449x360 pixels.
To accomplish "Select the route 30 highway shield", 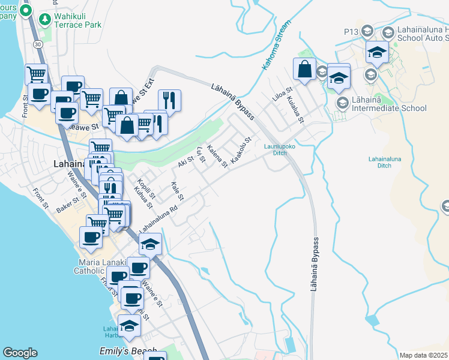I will pyautogui.click(x=38, y=44).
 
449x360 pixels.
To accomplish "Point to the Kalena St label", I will pyautogui.click(x=217, y=155).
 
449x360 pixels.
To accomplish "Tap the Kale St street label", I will pyautogui.click(x=177, y=190).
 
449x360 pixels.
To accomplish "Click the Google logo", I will pyautogui.click(x=20, y=353).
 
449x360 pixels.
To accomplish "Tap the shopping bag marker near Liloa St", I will pyautogui.click(x=305, y=68).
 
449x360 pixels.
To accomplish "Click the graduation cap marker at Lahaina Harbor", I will pyautogui.click(x=129, y=325).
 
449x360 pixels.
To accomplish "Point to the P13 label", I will pyautogui.click(x=352, y=31).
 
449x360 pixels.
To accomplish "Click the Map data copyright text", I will pyautogui.click(x=424, y=355).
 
